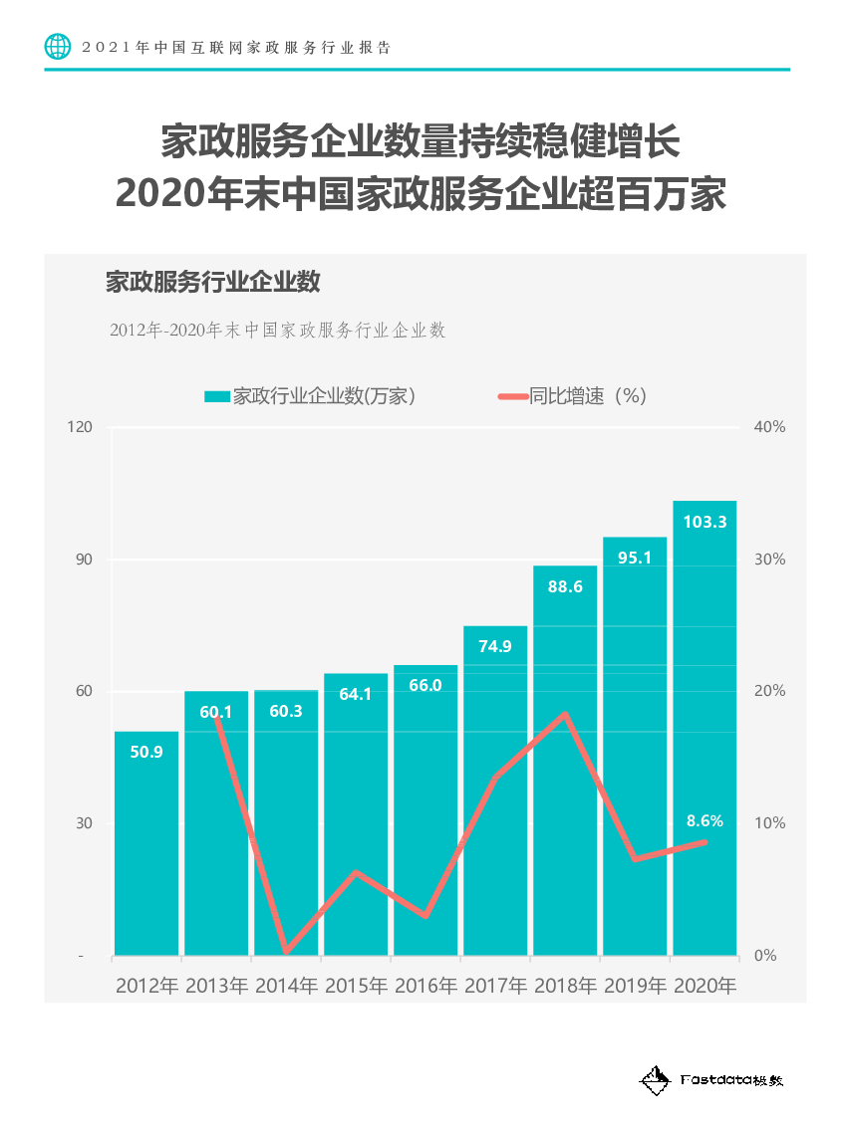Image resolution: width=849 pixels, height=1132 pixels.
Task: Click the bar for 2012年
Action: (x=146, y=846)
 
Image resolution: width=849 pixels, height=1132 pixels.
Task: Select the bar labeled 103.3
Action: (x=705, y=727)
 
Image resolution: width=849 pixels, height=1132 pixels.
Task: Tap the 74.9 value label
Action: (x=495, y=646)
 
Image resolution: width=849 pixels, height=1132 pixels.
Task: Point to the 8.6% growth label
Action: (x=705, y=821)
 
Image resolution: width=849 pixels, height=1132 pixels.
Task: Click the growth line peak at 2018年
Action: (x=565, y=714)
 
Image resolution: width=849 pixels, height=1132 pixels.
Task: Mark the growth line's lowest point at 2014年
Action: (x=286, y=952)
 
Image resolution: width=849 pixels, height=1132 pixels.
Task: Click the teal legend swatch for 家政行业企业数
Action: (x=216, y=396)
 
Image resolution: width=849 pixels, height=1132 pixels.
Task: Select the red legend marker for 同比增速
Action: (x=511, y=396)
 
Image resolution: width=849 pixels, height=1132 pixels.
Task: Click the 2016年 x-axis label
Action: (x=425, y=987)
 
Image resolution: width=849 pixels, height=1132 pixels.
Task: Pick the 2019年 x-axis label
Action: (x=635, y=987)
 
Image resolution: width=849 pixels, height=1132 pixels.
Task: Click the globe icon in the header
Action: (x=59, y=47)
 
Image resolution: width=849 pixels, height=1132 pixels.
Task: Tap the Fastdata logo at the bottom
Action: (x=711, y=1079)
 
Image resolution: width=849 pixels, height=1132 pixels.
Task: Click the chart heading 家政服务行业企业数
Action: (x=212, y=282)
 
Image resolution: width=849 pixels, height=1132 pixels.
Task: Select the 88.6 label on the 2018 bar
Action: (x=565, y=586)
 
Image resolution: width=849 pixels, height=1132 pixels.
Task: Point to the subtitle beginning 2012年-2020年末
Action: (x=277, y=331)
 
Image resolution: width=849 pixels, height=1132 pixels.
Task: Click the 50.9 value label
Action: (x=146, y=752)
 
